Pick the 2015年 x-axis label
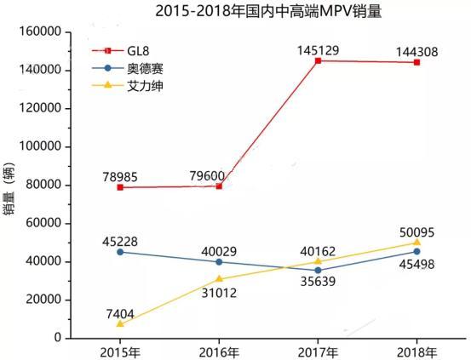(120, 351)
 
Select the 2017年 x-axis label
(318, 351)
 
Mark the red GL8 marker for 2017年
(318, 60)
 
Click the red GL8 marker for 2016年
(219, 186)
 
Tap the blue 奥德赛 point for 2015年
(120, 251)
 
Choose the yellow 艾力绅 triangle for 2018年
(416, 242)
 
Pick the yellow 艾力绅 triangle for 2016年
(219, 278)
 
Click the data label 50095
(415, 229)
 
